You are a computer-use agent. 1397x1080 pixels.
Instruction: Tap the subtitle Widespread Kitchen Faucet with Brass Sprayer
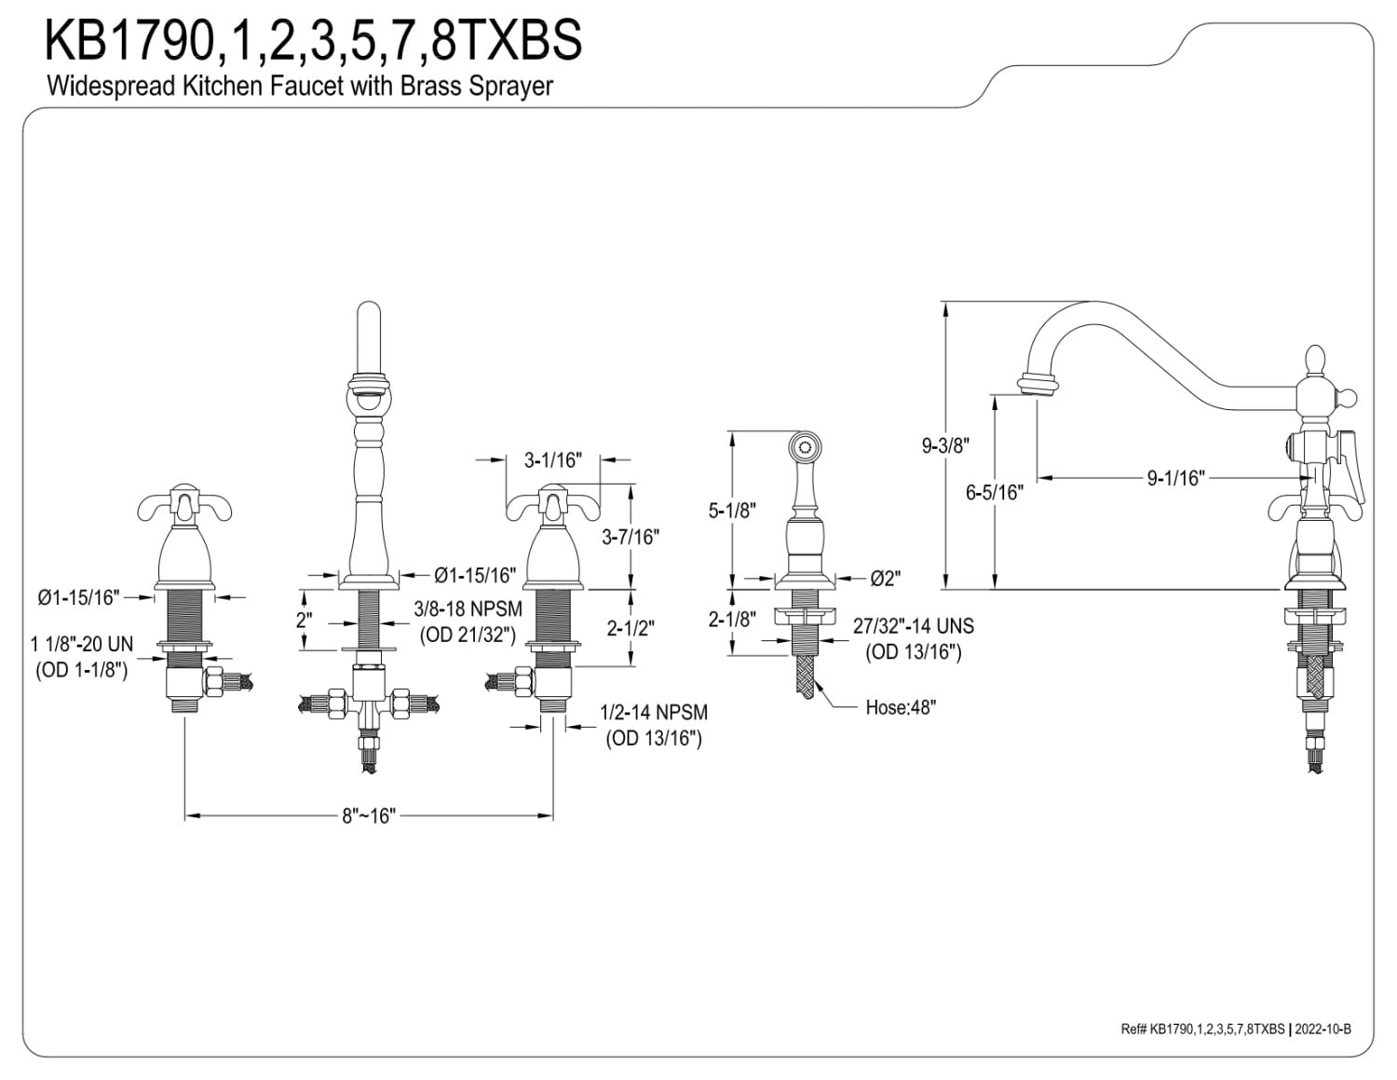coord(299,87)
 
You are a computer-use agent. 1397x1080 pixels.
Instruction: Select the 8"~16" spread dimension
coord(369,816)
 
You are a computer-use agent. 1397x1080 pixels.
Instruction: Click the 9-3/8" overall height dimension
coord(946,445)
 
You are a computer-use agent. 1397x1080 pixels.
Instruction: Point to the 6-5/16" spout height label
coord(995,492)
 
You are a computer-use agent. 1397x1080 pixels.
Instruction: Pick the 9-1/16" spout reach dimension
coord(1175,478)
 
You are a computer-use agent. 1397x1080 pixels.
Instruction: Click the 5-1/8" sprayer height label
coord(732,510)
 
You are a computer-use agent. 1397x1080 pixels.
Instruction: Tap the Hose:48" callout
coord(901,706)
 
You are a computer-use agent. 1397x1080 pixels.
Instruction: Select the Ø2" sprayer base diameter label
coord(886,579)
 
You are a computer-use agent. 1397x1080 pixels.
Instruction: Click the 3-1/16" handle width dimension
coord(552,459)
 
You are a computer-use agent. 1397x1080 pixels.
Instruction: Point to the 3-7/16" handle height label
coord(631,536)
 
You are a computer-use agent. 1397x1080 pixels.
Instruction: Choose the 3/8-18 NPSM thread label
coord(468,608)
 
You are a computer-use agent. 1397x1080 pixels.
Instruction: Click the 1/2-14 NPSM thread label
coord(654,713)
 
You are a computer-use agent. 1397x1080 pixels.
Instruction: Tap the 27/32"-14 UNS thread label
coord(914,626)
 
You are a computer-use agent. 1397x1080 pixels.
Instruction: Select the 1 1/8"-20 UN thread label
coord(81,645)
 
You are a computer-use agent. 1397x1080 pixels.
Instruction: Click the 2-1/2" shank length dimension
coord(631,628)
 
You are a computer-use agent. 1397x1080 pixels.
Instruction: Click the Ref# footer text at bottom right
coord(1236,1029)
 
